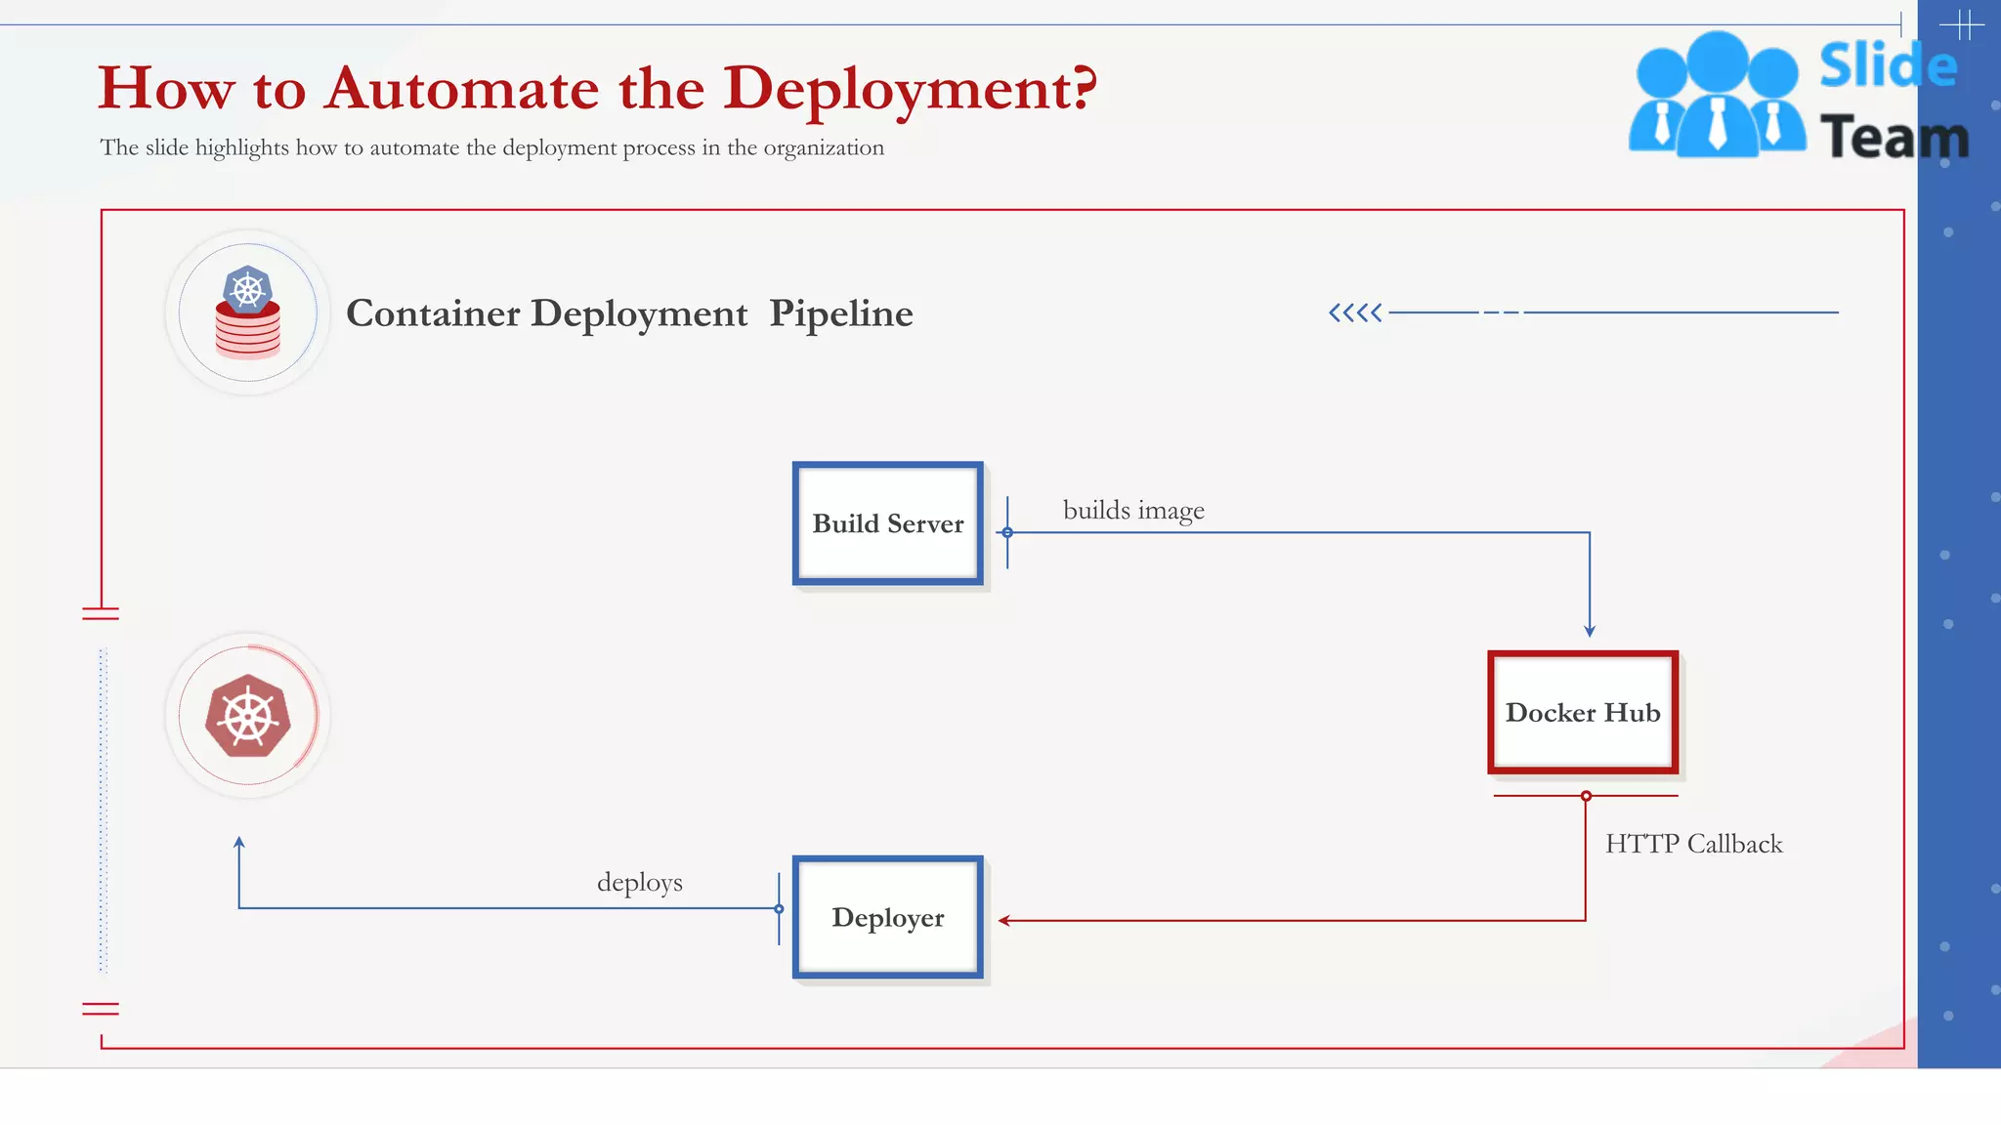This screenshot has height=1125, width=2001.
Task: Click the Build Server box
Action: point(887,523)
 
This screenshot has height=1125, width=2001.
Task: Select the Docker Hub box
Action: point(1582,712)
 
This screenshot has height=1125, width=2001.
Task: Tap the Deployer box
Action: point(887,917)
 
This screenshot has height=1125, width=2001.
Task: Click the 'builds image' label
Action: point(1133,511)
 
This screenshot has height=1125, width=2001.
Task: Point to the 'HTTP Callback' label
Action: point(1693,844)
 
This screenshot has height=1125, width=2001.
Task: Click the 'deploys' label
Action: point(640,883)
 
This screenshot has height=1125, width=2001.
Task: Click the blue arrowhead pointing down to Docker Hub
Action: point(1590,632)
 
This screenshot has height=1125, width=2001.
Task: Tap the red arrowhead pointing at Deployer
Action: point(1003,920)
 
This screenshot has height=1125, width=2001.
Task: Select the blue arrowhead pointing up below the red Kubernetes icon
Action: point(239,842)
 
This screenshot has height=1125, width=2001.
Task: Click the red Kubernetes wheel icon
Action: point(248,716)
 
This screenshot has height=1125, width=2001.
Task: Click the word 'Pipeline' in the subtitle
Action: point(840,313)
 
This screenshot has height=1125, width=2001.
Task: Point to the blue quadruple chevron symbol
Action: point(1355,312)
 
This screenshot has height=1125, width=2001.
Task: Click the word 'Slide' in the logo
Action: point(1887,66)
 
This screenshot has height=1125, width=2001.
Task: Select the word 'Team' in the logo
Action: point(1894,137)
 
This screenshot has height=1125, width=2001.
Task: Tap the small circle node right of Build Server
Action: point(1007,532)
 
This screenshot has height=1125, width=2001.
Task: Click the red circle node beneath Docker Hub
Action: point(1586,796)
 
